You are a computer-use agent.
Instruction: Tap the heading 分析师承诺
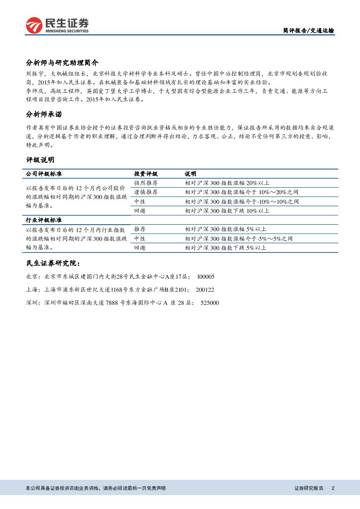coord(44,115)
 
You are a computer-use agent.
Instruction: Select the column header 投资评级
coord(145,174)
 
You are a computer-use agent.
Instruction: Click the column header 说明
coord(190,174)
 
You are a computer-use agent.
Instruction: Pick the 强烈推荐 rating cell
coord(145,183)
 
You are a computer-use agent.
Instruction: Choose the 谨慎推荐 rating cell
coord(145,192)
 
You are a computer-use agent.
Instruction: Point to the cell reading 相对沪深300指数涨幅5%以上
coord(225,229)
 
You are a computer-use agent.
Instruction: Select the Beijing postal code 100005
coord(205,276)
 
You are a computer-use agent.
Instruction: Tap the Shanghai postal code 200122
coord(205,290)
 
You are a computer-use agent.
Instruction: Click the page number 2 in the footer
coord(333,489)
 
